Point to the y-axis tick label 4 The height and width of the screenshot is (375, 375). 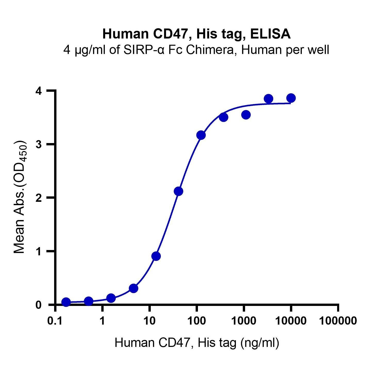(x=38, y=91)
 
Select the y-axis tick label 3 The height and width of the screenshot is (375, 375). (x=38, y=144)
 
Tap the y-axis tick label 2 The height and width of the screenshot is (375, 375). (x=38, y=198)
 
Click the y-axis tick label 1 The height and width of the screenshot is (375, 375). (x=38, y=251)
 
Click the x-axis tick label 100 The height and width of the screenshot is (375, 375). (x=196, y=321)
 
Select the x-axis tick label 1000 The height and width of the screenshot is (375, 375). (x=243, y=321)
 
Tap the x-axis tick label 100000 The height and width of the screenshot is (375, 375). (x=338, y=321)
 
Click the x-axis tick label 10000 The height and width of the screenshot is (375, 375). (x=291, y=321)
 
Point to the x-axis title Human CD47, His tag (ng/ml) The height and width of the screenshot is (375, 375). (x=197, y=343)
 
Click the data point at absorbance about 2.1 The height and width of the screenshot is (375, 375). (x=178, y=191)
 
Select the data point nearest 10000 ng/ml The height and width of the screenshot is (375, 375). (x=291, y=98)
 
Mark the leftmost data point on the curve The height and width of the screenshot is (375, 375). (x=66, y=302)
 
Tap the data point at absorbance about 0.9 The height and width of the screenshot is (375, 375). (x=156, y=256)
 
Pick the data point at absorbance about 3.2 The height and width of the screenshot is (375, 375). (x=201, y=135)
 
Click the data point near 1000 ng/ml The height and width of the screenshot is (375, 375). (x=246, y=115)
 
